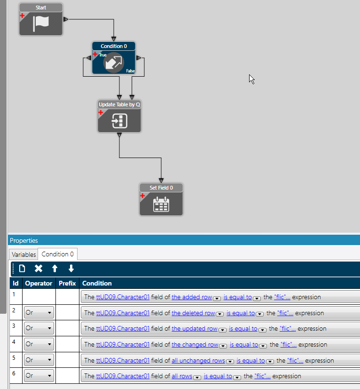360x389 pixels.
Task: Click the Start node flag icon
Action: tap(40, 24)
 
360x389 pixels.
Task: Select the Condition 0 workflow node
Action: tap(113, 62)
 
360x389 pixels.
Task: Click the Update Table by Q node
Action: tap(119, 120)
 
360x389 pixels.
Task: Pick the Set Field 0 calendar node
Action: tap(161, 203)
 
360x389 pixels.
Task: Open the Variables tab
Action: tap(23, 254)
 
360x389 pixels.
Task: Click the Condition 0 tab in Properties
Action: tap(57, 254)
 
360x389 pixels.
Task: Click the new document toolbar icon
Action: tap(22, 269)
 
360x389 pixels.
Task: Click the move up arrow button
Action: tap(55, 269)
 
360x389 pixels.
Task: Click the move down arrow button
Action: tap(71, 269)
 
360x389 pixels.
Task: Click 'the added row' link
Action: tap(192, 297)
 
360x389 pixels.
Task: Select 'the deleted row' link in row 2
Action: tap(193, 313)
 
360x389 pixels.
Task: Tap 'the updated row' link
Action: tap(194, 329)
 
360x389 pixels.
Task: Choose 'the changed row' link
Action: tap(195, 345)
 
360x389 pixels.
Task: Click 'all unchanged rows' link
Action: tap(198, 361)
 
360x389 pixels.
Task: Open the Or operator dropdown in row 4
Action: tap(39, 344)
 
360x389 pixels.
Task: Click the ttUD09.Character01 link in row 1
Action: tap(123, 297)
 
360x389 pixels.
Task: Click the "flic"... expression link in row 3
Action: tap(287, 329)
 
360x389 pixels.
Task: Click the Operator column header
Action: tap(39, 283)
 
